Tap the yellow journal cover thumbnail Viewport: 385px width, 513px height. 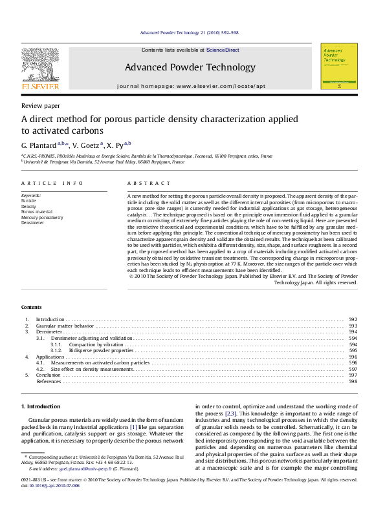338,66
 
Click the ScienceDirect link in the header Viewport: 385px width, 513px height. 223,50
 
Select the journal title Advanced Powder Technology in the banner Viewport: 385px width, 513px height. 190,67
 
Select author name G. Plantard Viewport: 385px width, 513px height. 39,144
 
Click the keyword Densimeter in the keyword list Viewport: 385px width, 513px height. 33,223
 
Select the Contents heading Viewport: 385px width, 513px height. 31,307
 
